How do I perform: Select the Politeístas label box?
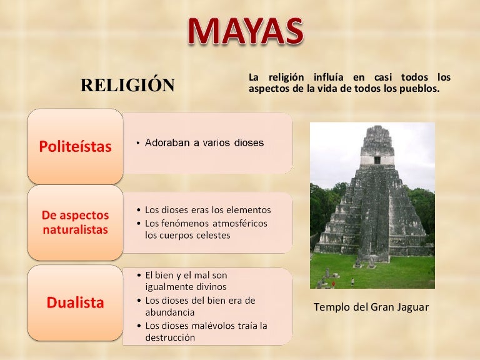pyautogui.click(x=75, y=146)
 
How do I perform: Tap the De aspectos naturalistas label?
pyautogui.click(x=75, y=222)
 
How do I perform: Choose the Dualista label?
pyautogui.click(x=75, y=303)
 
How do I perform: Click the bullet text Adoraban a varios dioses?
pyautogui.click(x=204, y=143)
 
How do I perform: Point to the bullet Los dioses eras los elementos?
pyautogui.click(x=207, y=210)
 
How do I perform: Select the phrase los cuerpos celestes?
pyautogui.click(x=187, y=236)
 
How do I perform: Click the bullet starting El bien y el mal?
pyautogui.click(x=186, y=275)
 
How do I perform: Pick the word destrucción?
pyautogui.click(x=170, y=337)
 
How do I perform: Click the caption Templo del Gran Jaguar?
pyautogui.click(x=371, y=307)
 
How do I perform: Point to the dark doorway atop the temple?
pyautogui.click(x=377, y=159)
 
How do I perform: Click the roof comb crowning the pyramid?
pyautogui.click(x=376, y=140)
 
